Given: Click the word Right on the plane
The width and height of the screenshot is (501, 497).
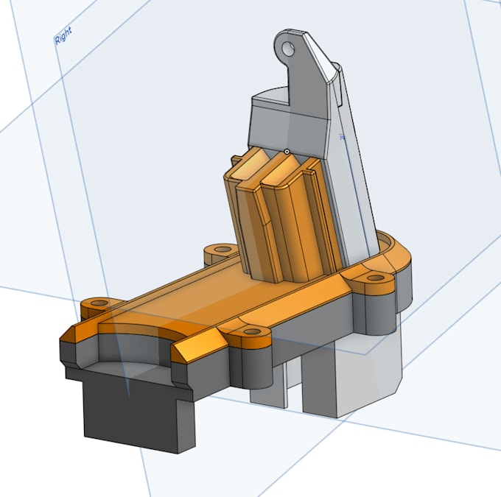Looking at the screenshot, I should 63,37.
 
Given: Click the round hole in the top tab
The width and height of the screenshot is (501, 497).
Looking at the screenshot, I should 289,49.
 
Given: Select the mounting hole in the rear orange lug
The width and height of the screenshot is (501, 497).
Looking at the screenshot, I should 219,251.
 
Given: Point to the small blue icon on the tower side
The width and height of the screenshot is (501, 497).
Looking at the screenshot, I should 342,137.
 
